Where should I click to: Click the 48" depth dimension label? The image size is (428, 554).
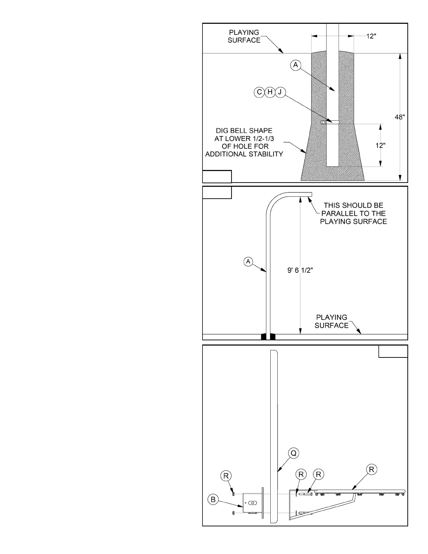click(400, 117)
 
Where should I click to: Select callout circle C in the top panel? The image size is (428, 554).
click(259, 92)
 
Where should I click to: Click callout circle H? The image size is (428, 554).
click(270, 92)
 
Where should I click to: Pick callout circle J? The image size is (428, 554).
click(280, 92)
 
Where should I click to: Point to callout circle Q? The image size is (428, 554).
click(294, 453)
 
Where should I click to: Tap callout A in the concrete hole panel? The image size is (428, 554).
click(296, 65)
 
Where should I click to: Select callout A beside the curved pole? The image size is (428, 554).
click(248, 261)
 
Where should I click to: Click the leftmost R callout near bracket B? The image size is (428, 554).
click(226, 476)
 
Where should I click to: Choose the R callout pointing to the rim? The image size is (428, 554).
click(371, 469)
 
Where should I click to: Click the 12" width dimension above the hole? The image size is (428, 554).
click(371, 36)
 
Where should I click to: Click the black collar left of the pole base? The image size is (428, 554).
click(264, 337)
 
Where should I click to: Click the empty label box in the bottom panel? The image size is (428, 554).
click(393, 351)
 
